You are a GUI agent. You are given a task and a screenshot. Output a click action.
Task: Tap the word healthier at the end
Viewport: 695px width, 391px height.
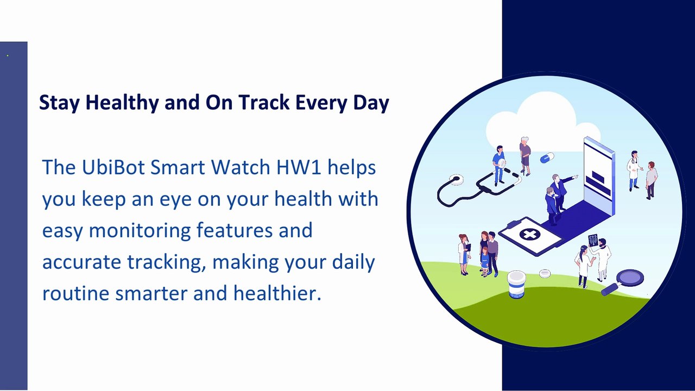[x=277, y=293]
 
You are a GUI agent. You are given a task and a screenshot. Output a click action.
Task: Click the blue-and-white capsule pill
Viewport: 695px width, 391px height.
[x=547, y=157]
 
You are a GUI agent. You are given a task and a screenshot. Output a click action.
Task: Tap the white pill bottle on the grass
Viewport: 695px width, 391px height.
[x=516, y=285]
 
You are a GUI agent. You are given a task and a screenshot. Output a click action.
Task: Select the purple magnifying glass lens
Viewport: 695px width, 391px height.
[x=630, y=278]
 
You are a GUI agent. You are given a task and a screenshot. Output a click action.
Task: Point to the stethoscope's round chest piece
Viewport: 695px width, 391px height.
[x=456, y=179]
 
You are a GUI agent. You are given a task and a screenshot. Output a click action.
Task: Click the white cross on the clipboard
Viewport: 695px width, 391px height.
[x=529, y=234]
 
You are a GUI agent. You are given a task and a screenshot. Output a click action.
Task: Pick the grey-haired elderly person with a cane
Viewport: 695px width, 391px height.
[x=525, y=156]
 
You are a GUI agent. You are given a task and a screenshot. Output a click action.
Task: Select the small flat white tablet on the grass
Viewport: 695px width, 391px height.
[x=545, y=273]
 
